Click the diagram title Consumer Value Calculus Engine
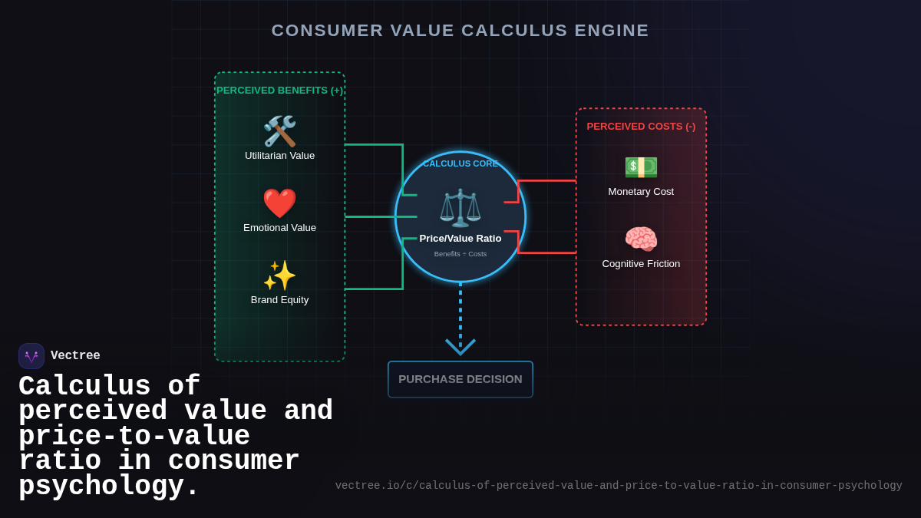click(x=460, y=31)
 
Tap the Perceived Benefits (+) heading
click(x=279, y=91)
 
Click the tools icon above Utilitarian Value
click(x=279, y=131)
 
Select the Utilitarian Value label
click(x=279, y=156)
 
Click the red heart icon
click(x=279, y=203)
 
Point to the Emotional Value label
click(x=279, y=228)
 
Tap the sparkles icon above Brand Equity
click(x=279, y=275)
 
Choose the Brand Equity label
click(x=279, y=300)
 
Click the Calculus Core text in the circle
click(x=460, y=163)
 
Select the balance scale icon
click(x=460, y=207)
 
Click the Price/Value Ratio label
click(x=460, y=239)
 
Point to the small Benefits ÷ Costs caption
click(x=460, y=254)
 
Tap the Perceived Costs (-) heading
click(x=641, y=127)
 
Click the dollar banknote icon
click(x=641, y=167)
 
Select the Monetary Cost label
click(x=641, y=192)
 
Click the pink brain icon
click(x=641, y=239)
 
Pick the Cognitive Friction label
click(x=641, y=264)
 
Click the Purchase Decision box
click(x=460, y=379)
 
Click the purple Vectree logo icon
click(x=31, y=356)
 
